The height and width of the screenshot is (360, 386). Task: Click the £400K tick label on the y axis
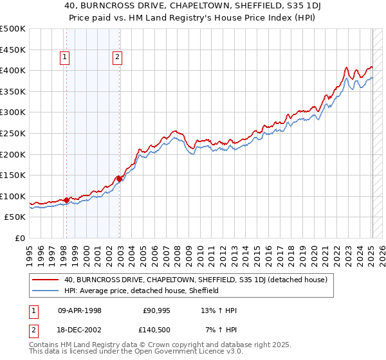pos(13,70)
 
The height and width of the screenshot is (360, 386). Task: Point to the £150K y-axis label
pos(13,175)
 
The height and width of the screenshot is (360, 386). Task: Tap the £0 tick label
pos(20,238)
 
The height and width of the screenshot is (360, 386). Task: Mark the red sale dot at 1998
pos(67,200)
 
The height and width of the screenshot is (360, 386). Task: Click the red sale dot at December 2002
pos(120,179)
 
